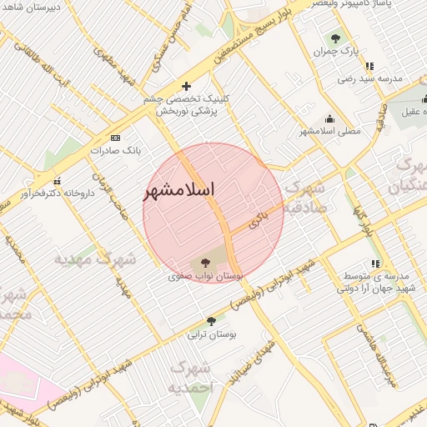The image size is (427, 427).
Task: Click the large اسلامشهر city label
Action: pyautogui.click(x=179, y=189)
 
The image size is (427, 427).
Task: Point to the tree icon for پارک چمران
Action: pyautogui.click(x=335, y=38)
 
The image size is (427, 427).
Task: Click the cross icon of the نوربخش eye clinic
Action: pyautogui.click(x=186, y=85)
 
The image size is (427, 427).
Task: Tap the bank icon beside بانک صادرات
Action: pyautogui.click(x=115, y=138)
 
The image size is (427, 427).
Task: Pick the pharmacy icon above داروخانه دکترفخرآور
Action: pyautogui.click(x=57, y=181)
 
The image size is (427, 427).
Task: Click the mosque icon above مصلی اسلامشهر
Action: pyautogui.click(x=330, y=118)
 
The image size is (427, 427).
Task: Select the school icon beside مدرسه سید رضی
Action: pyautogui.click(x=369, y=65)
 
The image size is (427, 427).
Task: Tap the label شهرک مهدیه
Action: pyautogui.click(x=95, y=259)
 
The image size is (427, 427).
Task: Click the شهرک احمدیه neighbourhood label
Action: pyautogui.click(x=191, y=377)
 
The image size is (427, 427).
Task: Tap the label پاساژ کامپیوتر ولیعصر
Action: pyautogui.click(x=371, y=4)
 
